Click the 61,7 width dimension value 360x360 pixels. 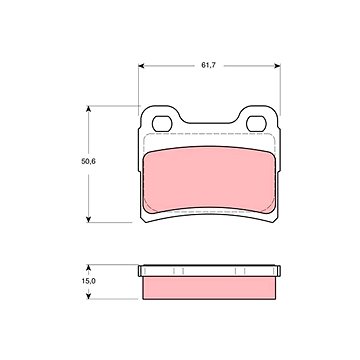(x=209, y=65)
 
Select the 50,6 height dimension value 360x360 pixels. (x=88, y=162)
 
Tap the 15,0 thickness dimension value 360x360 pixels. (x=89, y=281)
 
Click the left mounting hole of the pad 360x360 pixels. (x=162, y=124)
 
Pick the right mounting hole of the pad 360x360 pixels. (x=256, y=124)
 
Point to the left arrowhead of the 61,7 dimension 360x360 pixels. (x=141, y=66)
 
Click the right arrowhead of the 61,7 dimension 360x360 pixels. (x=277, y=66)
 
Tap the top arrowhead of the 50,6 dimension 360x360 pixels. (x=88, y=109)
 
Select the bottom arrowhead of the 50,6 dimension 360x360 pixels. (x=88, y=219)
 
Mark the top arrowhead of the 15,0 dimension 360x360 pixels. (x=88, y=268)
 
